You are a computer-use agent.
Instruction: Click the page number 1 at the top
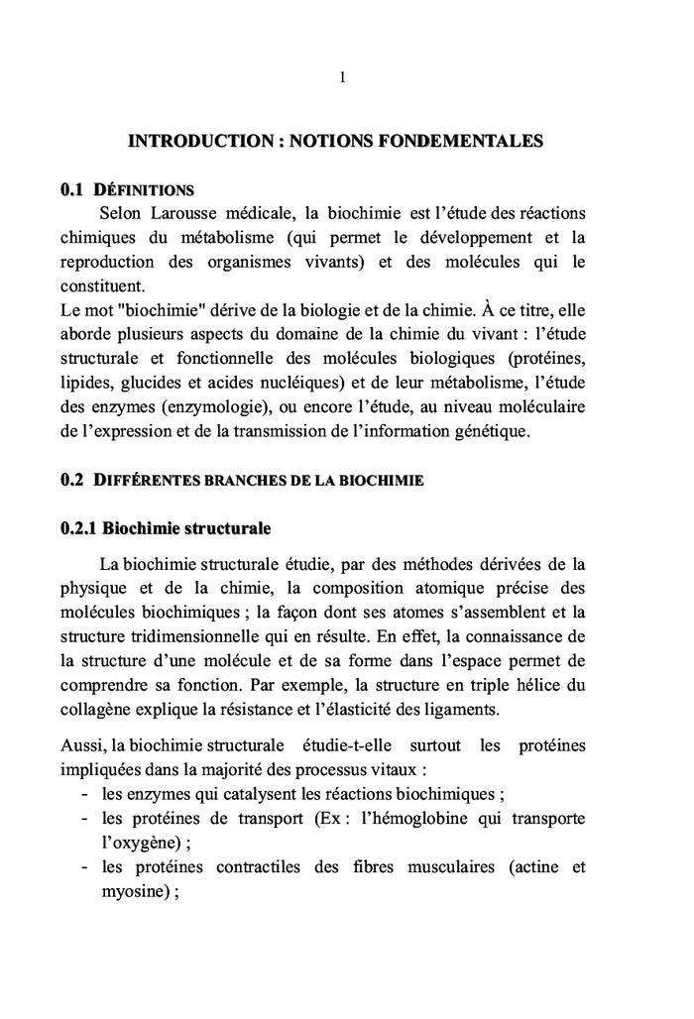tap(342, 78)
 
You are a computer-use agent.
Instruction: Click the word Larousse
tap(185, 213)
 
